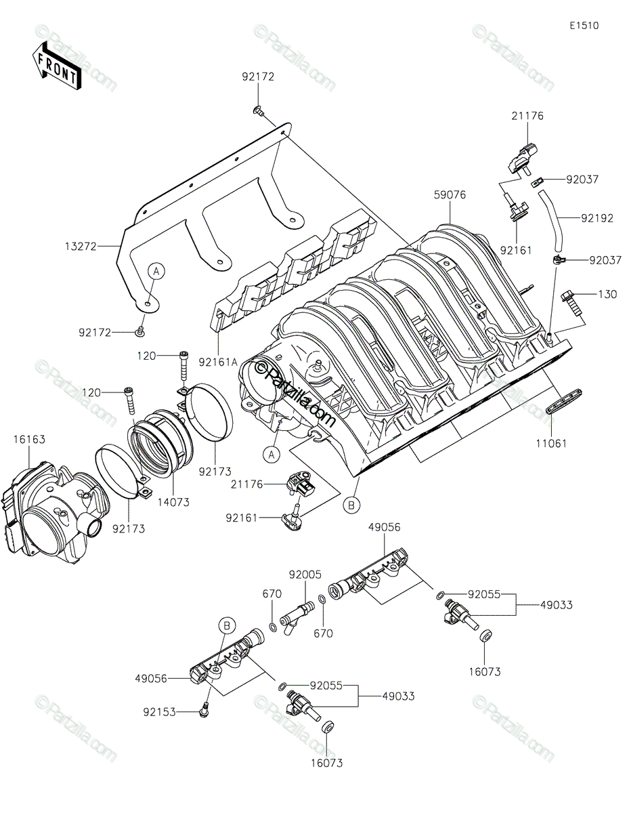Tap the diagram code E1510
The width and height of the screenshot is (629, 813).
pos(584,26)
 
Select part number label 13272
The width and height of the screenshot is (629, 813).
pos(81,247)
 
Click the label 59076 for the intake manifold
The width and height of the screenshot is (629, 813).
pos(450,194)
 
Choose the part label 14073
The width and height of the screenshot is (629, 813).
pos(173,502)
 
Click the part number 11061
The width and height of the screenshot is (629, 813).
pos(551,444)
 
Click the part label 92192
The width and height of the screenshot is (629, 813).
pos(597,218)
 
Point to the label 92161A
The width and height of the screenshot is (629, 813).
pos(218,362)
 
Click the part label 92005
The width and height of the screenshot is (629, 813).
pos(305,575)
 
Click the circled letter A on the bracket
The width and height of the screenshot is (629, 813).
pos(156,271)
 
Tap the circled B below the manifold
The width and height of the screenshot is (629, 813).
pos(351,506)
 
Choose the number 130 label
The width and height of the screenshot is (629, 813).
pos(607,295)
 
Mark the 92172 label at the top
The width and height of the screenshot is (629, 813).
pos(258,77)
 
